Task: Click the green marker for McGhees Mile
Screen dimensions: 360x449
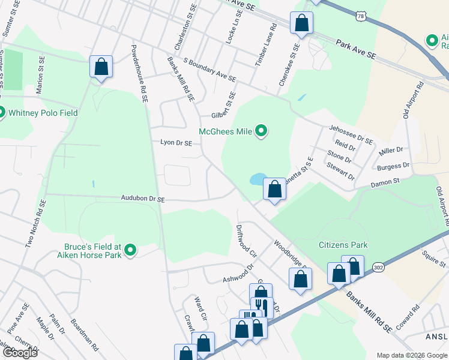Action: click(x=261, y=130)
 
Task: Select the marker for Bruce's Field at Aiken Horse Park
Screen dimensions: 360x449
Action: click(x=130, y=251)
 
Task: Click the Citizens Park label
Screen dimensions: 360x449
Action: click(x=343, y=245)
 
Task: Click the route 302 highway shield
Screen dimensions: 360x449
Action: click(x=378, y=266)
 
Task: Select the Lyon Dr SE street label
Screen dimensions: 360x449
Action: click(x=176, y=143)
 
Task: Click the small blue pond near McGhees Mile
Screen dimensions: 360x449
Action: click(x=258, y=179)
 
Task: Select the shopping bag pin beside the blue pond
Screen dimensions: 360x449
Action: click(x=274, y=190)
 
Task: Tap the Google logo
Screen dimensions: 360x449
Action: click(x=20, y=352)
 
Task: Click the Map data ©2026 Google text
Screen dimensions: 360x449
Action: click(x=412, y=355)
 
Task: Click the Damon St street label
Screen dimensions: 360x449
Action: click(x=385, y=182)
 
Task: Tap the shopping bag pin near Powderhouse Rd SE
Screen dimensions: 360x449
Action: click(x=101, y=67)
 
